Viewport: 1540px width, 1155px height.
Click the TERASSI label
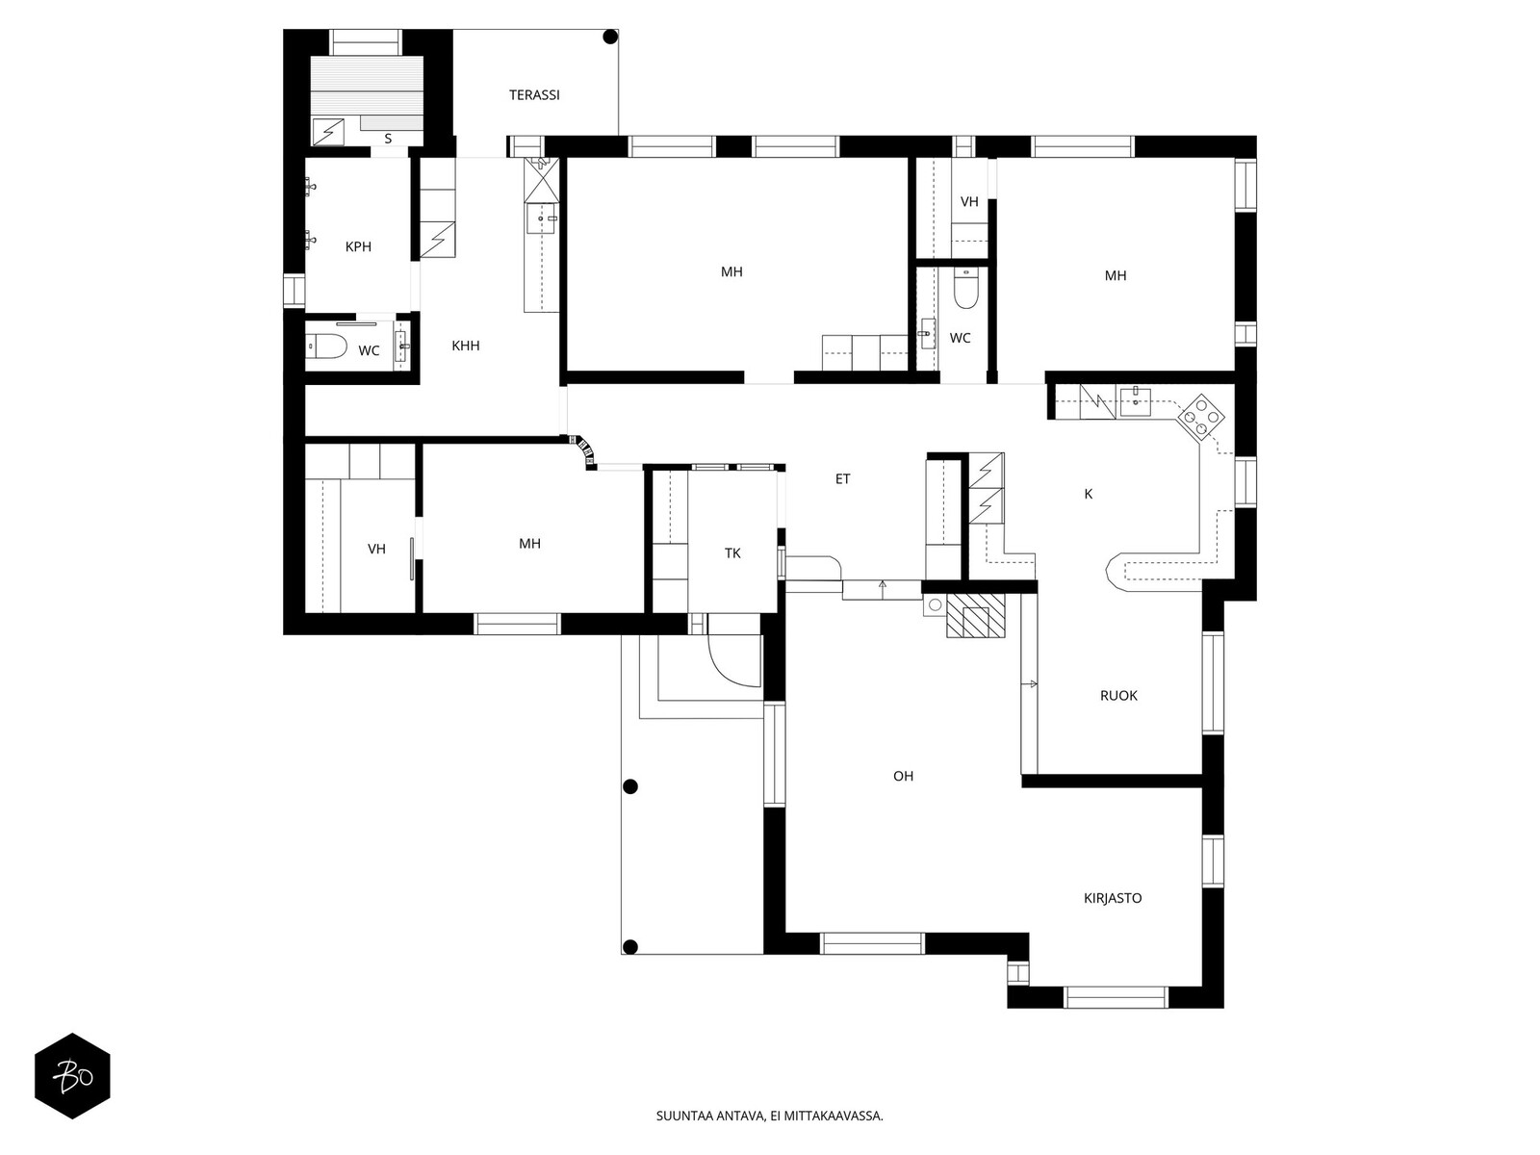click(534, 94)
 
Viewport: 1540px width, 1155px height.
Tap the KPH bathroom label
click(358, 246)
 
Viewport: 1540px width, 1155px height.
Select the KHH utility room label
click(465, 346)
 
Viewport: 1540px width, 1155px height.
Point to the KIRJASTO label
click(1112, 898)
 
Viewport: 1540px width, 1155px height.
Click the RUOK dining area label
click(1118, 696)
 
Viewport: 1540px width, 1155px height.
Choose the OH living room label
click(903, 776)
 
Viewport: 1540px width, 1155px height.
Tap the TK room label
click(732, 553)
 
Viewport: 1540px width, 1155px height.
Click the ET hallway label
click(842, 479)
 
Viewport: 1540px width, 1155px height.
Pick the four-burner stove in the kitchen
click(1200, 417)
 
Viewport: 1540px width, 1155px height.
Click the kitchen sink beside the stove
click(1135, 401)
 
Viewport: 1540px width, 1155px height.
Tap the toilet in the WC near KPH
click(327, 346)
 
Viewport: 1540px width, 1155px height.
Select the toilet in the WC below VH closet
click(966, 289)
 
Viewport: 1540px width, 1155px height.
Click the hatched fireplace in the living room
click(975, 616)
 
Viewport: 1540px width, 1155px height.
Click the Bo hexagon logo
click(73, 1076)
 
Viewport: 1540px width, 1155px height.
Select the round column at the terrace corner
click(610, 38)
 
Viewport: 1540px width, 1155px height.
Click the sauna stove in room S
click(328, 131)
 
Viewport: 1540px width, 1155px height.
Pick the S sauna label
click(388, 139)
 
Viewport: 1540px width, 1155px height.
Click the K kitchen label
click(1089, 494)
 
